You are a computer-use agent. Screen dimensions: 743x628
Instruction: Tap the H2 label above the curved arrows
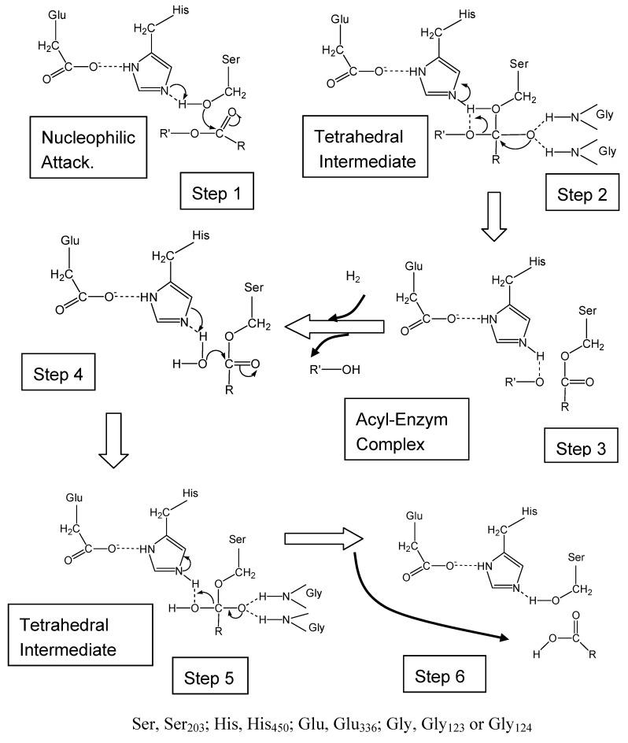pos(356,277)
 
